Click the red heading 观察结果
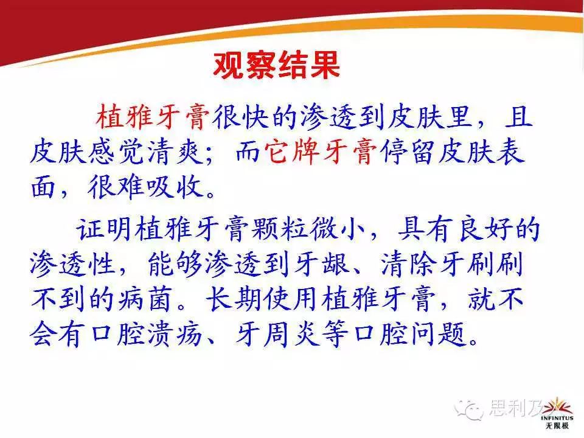(x=276, y=66)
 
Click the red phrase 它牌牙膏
(x=321, y=152)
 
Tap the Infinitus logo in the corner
(x=557, y=413)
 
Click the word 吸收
(x=175, y=186)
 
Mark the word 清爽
(x=175, y=152)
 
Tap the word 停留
(x=407, y=152)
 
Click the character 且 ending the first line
(x=518, y=117)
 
